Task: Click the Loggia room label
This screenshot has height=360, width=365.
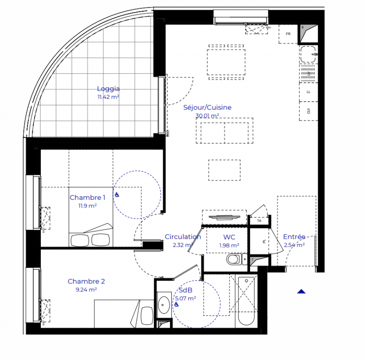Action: tap(108, 89)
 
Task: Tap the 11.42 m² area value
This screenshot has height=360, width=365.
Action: tap(108, 97)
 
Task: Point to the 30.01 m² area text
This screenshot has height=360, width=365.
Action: tap(207, 116)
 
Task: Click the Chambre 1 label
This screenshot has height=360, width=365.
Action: tap(87, 198)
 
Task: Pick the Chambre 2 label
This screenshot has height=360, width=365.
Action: tap(86, 282)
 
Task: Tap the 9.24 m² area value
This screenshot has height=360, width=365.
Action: tap(86, 290)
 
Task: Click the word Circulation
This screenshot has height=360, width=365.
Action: tap(182, 237)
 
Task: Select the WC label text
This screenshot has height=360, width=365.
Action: tap(229, 237)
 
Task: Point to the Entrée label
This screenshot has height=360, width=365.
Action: tap(294, 237)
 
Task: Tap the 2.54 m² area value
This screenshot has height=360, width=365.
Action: tap(294, 245)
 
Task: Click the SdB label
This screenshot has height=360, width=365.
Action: tap(185, 290)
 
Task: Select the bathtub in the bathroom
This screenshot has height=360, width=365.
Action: tap(245, 301)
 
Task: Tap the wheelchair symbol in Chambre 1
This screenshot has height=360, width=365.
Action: tap(116, 195)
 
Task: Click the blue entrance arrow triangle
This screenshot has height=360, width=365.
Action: tap(301, 291)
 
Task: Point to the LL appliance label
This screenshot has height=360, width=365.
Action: tap(308, 92)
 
